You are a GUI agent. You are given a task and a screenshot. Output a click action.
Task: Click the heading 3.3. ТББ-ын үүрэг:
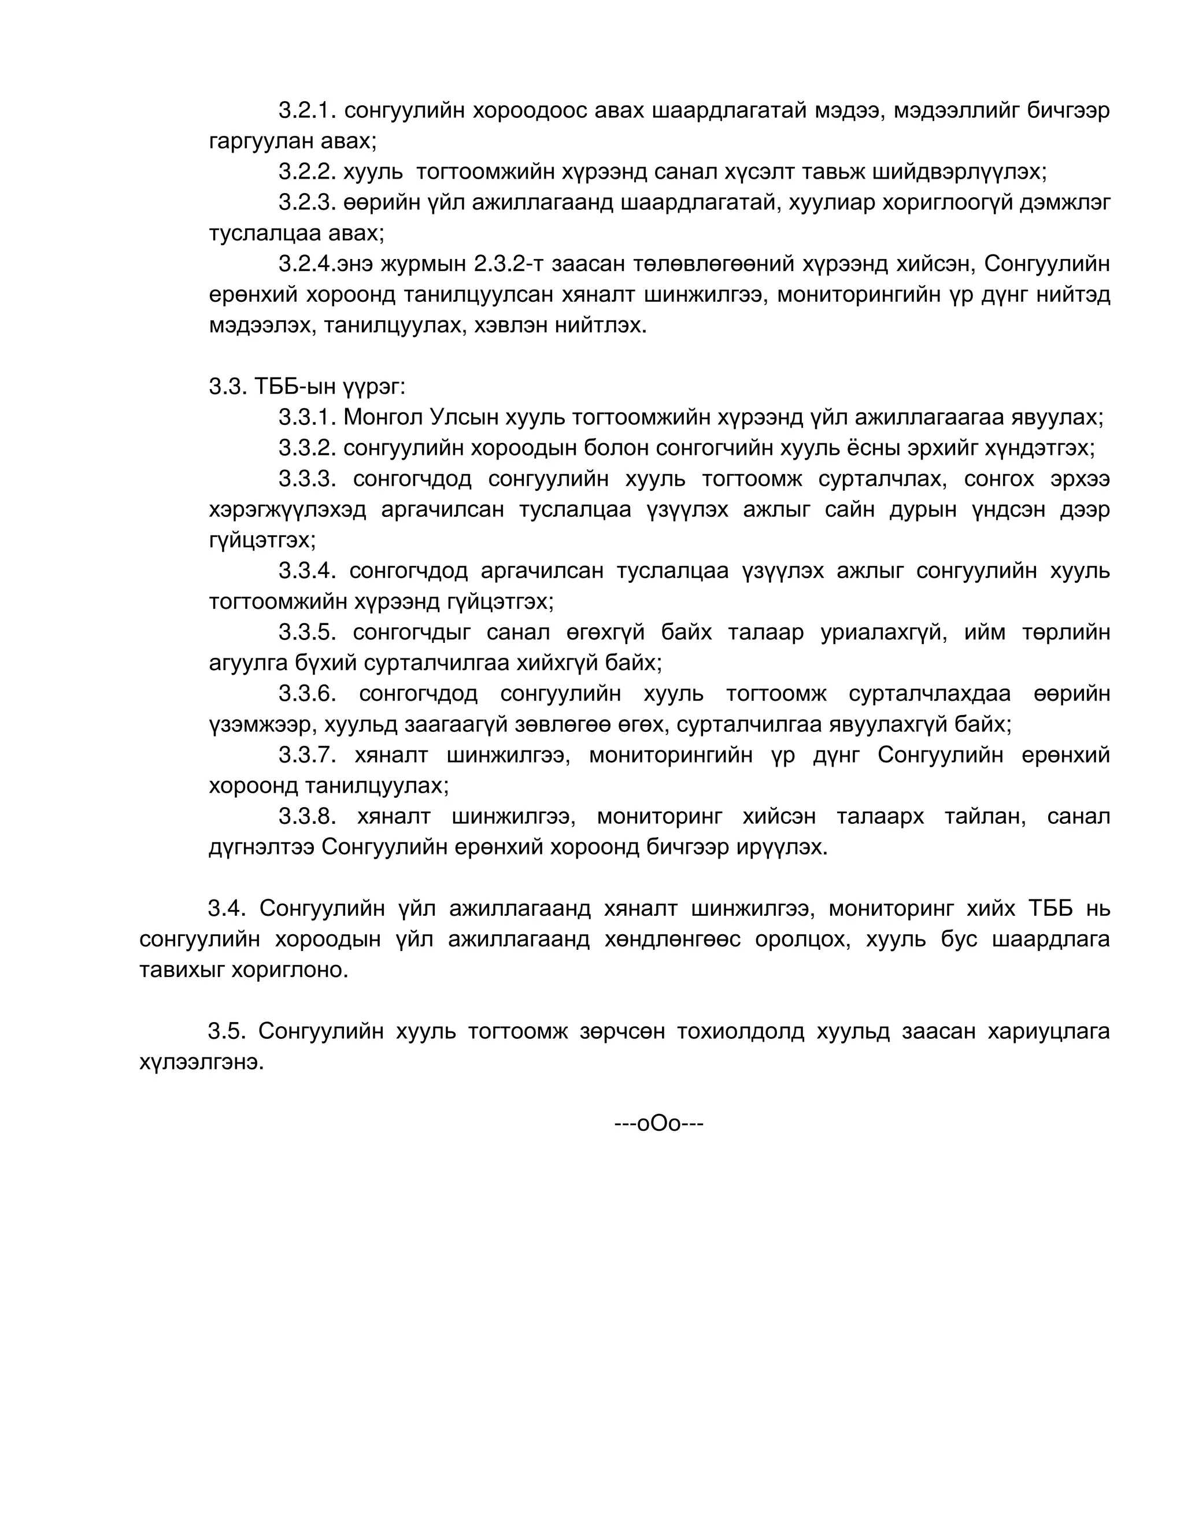click(307, 387)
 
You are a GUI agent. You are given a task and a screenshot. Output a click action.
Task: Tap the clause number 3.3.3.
click(307, 479)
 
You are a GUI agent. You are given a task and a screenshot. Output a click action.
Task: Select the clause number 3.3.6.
click(307, 694)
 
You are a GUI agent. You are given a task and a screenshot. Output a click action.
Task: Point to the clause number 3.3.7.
click(307, 756)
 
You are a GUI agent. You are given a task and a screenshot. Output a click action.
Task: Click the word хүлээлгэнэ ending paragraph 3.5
click(201, 1063)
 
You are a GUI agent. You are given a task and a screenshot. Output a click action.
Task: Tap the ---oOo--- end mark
click(658, 1124)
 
